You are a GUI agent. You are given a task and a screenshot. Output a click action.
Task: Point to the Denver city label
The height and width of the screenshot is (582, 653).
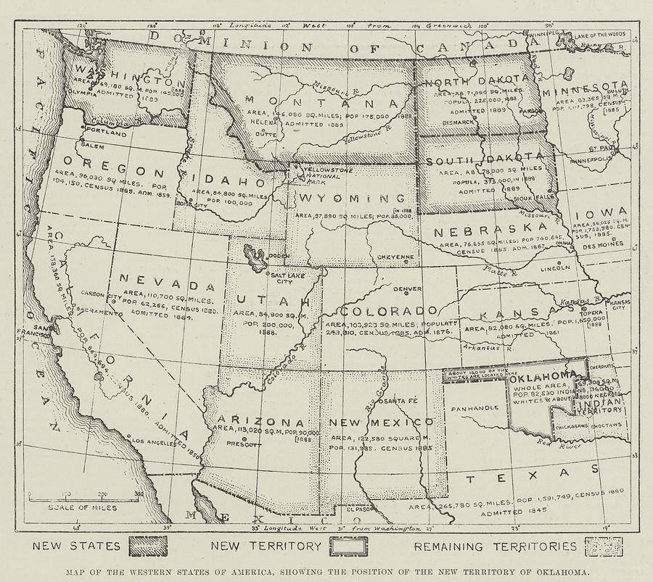point(407,288)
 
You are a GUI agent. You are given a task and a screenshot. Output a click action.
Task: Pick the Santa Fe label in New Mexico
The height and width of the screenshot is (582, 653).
point(401,401)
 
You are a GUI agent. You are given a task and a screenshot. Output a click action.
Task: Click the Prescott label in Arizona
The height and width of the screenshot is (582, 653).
point(243,444)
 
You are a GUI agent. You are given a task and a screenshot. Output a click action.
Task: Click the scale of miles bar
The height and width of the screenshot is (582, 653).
point(83,497)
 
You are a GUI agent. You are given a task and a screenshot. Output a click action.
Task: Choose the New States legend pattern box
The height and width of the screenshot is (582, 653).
point(147,546)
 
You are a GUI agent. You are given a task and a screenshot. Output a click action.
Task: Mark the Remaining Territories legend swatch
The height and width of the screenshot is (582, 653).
point(604,546)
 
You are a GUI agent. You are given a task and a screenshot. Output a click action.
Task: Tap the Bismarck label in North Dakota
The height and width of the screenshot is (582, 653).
point(459,122)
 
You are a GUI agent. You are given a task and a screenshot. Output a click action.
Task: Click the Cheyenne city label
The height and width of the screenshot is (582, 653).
point(396,257)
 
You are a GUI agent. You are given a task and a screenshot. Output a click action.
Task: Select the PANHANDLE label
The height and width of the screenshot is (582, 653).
point(475,407)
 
